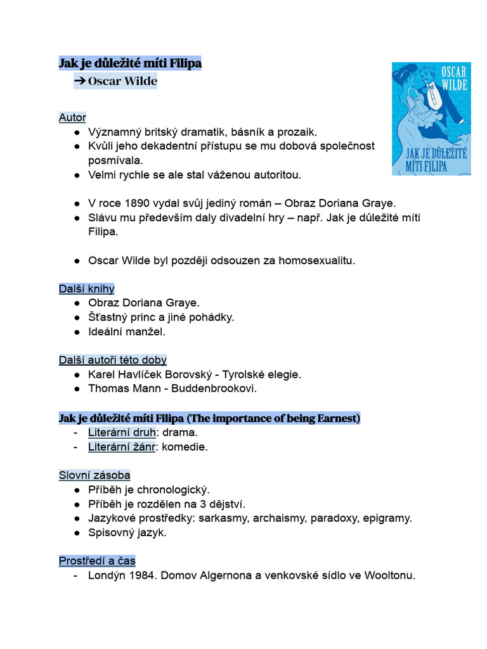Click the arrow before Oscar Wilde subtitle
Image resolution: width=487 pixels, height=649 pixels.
tap(80, 81)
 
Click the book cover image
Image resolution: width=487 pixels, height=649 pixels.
tap(431, 119)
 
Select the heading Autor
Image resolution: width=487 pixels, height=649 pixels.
tap(72, 118)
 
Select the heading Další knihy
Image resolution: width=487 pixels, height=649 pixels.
tap(87, 289)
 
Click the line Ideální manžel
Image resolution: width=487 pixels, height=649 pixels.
tap(126, 331)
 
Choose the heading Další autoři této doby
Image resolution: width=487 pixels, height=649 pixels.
tap(113, 360)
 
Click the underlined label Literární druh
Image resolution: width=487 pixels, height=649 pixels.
tap(122, 432)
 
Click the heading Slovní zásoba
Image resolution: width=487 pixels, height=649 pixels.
tap(94, 475)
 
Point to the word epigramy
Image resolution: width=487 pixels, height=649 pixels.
tap(387, 518)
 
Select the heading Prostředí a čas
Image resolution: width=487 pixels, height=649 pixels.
tap(97, 561)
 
